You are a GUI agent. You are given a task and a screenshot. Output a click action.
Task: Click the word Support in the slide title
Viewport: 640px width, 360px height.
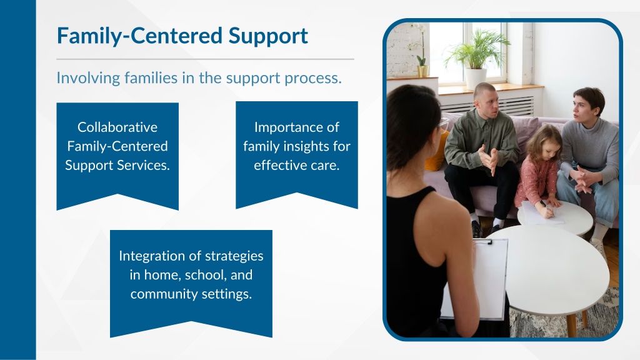point(267,36)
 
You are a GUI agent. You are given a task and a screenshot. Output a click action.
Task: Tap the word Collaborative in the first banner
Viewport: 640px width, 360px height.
point(117,127)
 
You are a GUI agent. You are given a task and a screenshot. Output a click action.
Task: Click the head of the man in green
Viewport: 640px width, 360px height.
point(486,99)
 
